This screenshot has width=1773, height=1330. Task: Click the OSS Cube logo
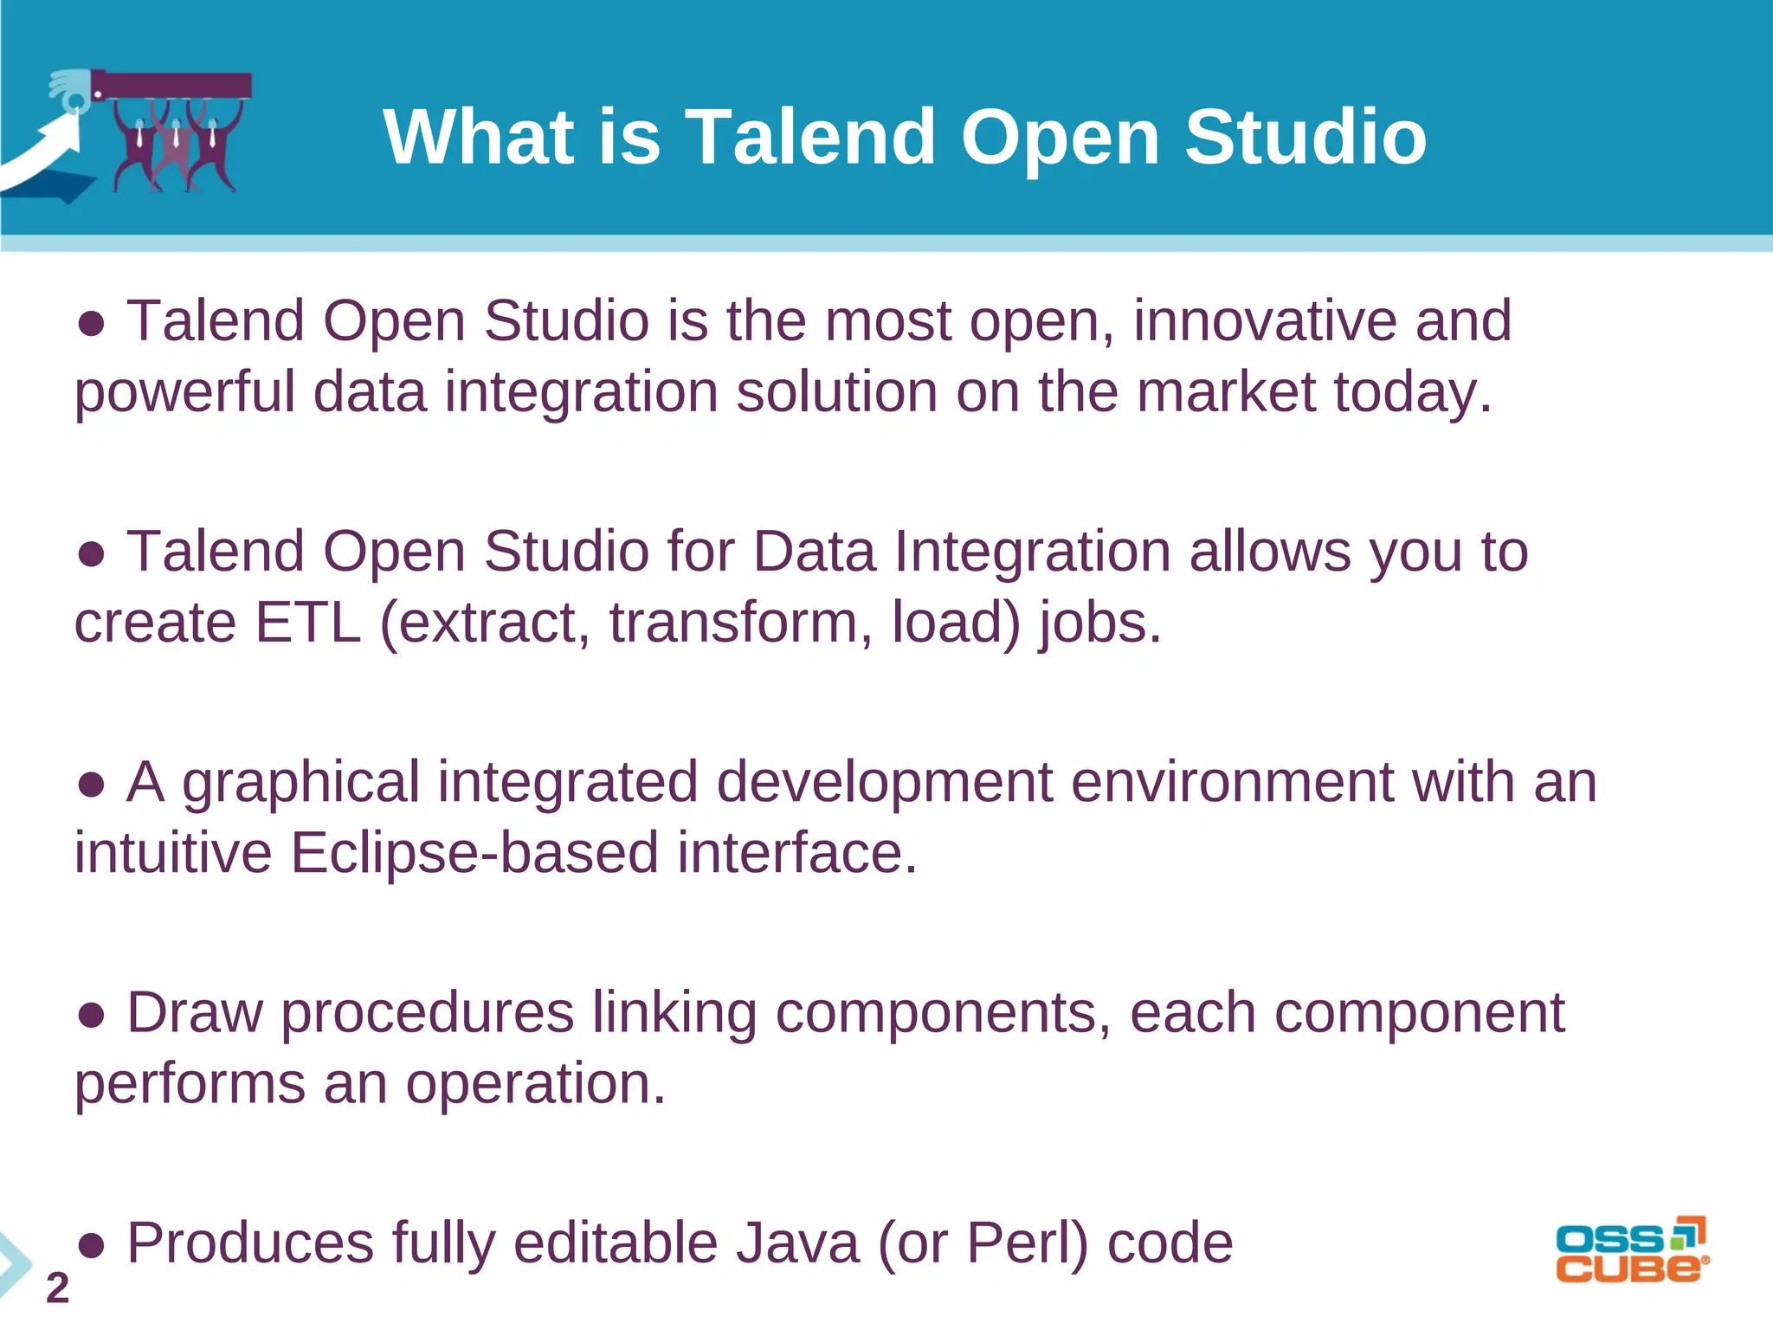pos(1632,1250)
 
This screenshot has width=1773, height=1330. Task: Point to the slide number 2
pos(57,1288)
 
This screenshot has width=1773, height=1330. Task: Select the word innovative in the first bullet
pos(1264,320)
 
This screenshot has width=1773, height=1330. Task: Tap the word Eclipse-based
pos(474,853)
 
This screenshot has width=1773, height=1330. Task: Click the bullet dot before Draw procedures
pos(91,1014)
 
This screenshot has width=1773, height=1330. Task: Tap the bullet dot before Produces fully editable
pos(91,1245)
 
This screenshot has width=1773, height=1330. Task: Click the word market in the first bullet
pos(1225,391)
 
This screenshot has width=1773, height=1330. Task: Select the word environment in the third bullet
pos(1230,782)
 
